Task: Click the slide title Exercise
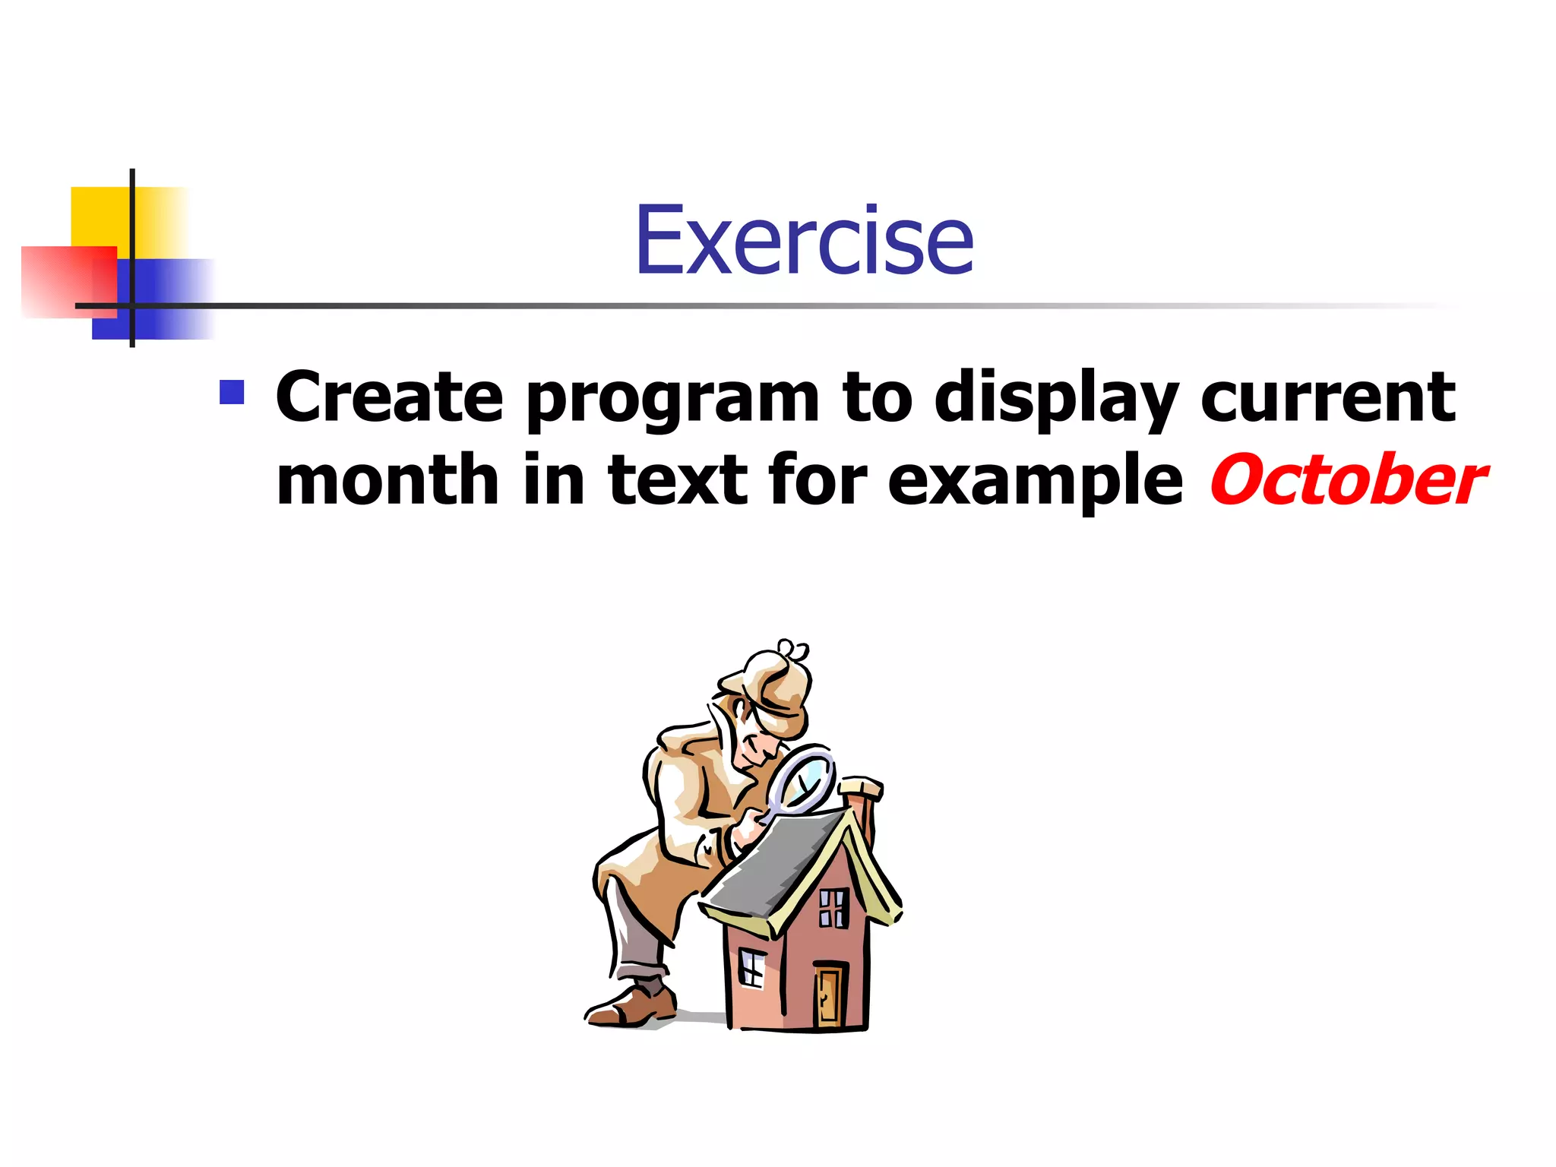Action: tap(804, 241)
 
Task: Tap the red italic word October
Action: tap(1347, 481)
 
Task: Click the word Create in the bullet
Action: tap(389, 397)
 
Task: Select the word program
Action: tap(672, 401)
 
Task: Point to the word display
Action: tap(1056, 399)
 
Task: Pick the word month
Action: tap(387, 480)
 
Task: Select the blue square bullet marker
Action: tap(232, 392)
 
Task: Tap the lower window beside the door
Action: tap(751, 969)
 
